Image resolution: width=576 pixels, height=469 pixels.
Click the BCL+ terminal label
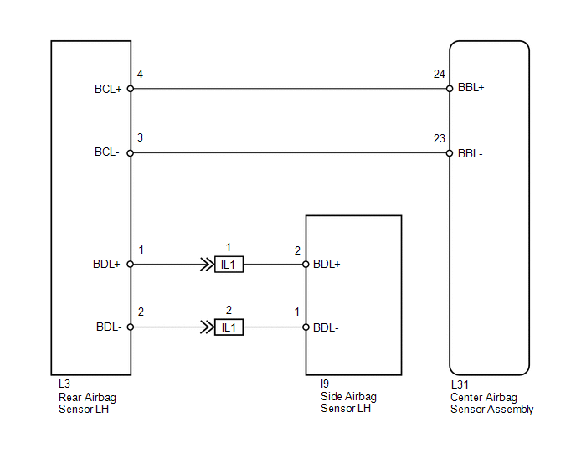tap(108, 90)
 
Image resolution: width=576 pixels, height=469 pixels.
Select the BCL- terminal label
tap(107, 152)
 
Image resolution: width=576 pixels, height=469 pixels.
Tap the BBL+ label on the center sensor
tap(471, 88)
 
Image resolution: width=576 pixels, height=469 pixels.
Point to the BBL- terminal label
tap(471, 153)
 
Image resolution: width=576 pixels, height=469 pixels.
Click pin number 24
tap(439, 75)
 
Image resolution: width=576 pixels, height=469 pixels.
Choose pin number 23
tap(439, 138)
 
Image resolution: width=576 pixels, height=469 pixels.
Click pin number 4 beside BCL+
tap(140, 75)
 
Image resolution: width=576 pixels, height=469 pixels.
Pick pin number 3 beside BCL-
tap(140, 138)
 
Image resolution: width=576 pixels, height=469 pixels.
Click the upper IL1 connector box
tap(229, 265)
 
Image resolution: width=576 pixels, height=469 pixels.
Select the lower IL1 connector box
tap(229, 327)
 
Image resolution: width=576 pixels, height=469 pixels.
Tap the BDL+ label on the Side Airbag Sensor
tap(327, 265)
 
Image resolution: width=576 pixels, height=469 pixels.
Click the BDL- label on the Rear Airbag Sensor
tap(109, 327)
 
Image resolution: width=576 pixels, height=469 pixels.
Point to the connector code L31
tap(460, 384)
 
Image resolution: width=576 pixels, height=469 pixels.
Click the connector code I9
tap(325, 384)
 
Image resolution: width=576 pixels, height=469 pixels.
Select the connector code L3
tap(64, 384)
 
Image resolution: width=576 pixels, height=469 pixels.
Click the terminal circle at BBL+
tap(450, 89)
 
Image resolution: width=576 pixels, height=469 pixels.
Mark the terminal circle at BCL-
tap(131, 153)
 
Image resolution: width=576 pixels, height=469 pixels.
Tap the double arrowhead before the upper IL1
tap(207, 265)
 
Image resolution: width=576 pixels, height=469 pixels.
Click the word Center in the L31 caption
tap(464, 397)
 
